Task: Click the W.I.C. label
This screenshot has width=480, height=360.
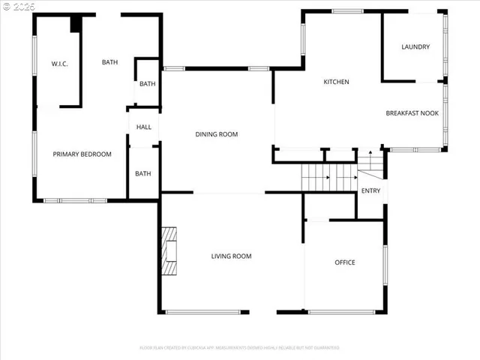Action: click(60, 64)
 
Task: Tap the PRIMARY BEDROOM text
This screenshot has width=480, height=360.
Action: click(82, 154)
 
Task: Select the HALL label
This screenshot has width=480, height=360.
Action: click(143, 127)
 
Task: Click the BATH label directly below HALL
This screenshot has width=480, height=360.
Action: click(143, 174)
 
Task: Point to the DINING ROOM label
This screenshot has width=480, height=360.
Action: click(217, 135)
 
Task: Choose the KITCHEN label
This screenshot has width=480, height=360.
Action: click(336, 82)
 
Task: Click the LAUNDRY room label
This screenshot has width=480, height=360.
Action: click(415, 47)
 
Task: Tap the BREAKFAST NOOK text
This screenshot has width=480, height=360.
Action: click(411, 113)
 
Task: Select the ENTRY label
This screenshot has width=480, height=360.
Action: click(370, 191)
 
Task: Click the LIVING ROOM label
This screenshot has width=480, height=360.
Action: click(231, 256)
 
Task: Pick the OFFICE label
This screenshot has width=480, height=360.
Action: click(345, 262)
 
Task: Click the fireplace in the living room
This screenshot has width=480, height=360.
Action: click(170, 252)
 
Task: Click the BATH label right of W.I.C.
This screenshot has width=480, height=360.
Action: click(109, 62)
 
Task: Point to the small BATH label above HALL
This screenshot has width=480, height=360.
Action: click(147, 84)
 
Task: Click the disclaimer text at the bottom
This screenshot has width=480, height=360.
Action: click(239, 348)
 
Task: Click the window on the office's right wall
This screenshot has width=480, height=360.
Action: click(385, 267)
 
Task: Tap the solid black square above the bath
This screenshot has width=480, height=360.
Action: click(76, 23)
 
